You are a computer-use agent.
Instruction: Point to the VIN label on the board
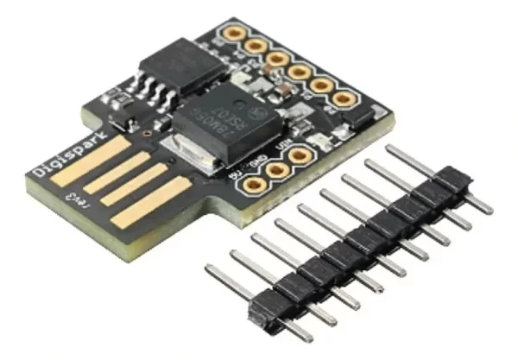(x=278, y=146)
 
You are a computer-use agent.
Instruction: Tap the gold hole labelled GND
(x=276, y=170)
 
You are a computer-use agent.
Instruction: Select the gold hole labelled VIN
(x=299, y=156)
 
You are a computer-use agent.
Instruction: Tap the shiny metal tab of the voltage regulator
(x=195, y=147)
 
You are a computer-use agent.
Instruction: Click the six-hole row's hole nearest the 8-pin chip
(x=233, y=33)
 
